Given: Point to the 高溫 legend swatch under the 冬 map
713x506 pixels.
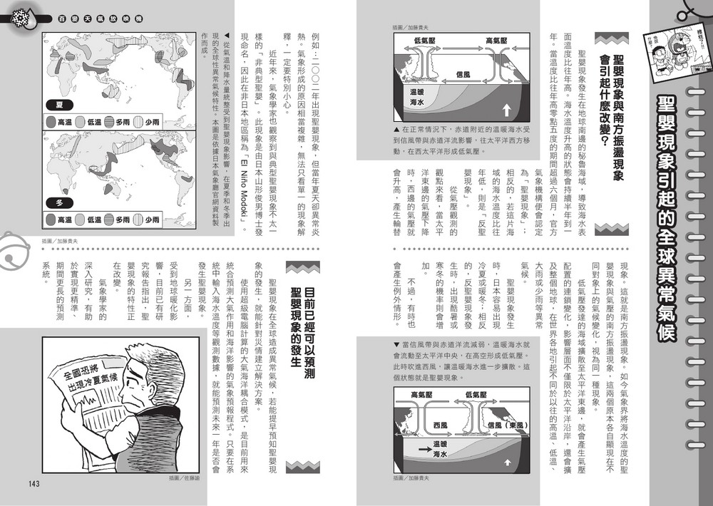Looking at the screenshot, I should pos(50,221).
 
